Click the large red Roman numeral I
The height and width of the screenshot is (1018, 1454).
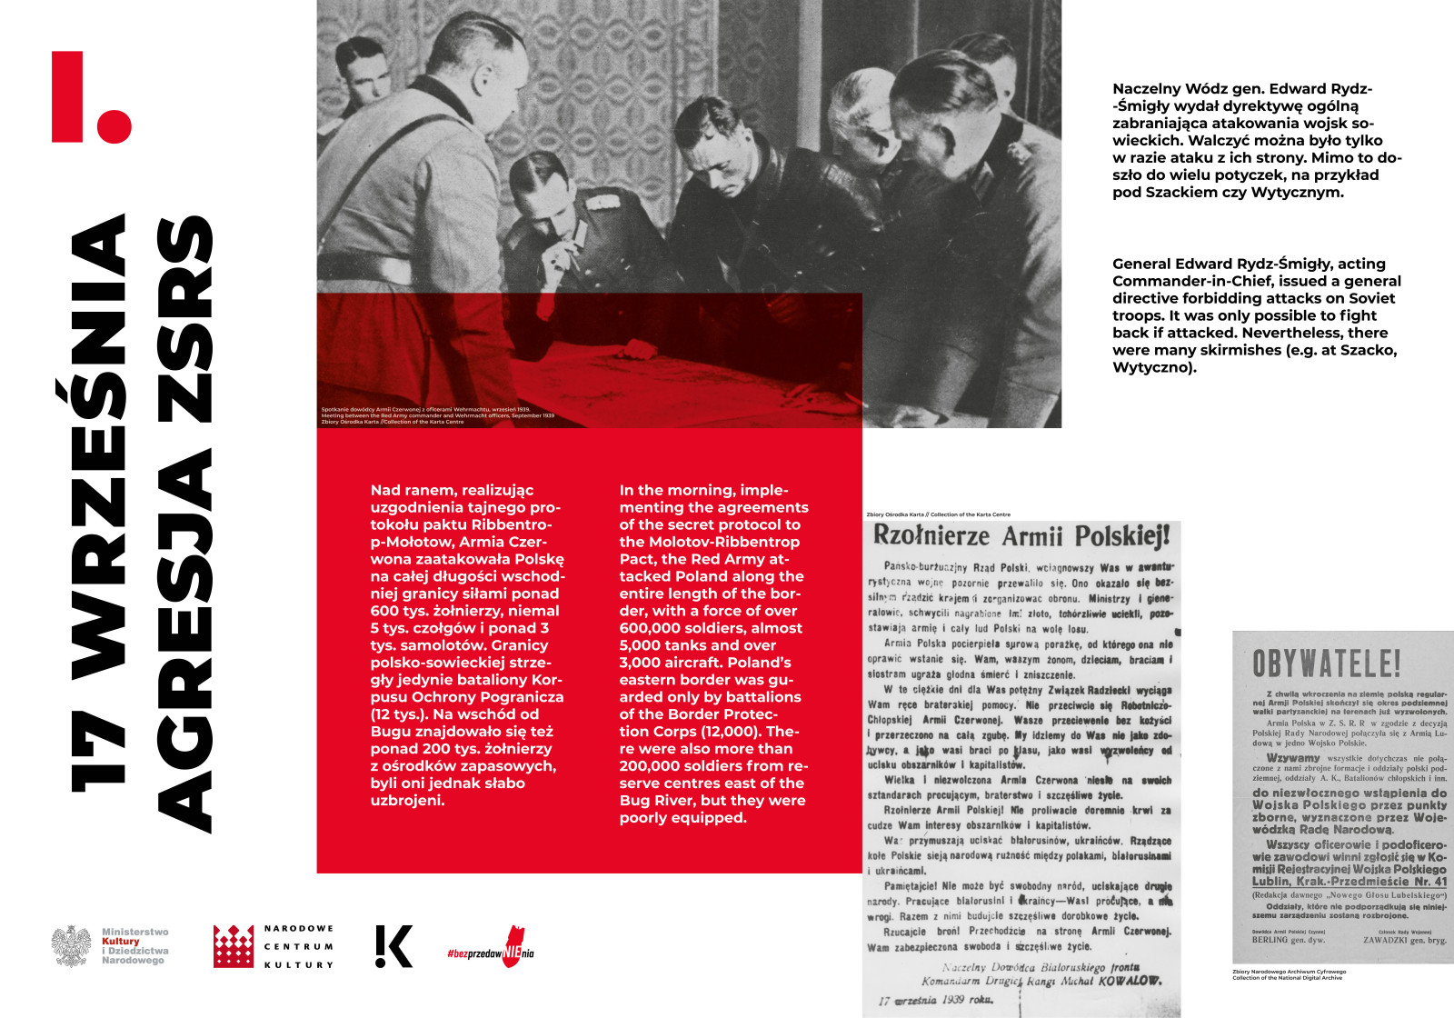68,96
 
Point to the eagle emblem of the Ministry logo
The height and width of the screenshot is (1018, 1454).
71,946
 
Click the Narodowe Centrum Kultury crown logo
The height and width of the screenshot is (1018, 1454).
234,946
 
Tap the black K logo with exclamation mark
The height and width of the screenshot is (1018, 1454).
394,946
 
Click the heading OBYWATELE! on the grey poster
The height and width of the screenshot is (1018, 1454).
1326,664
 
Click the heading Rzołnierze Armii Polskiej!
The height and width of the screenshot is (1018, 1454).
1021,535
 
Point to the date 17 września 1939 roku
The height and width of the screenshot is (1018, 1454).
936,1000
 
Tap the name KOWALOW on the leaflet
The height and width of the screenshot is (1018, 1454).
1127,981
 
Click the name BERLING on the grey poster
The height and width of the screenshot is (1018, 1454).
1270,940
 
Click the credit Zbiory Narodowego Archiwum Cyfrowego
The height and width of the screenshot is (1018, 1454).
1289,972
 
